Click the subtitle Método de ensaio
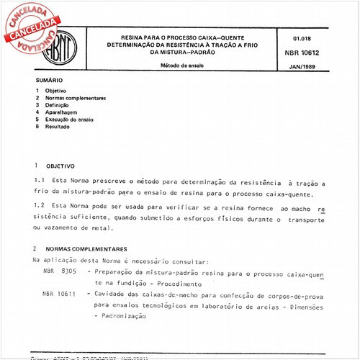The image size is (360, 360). point(183,66)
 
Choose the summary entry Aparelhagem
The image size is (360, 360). point(63,112)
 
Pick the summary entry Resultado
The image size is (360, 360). point(60,127)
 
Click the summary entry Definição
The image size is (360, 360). point(59,105)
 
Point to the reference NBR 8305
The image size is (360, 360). point(58,273)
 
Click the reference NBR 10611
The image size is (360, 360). point(58,294)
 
